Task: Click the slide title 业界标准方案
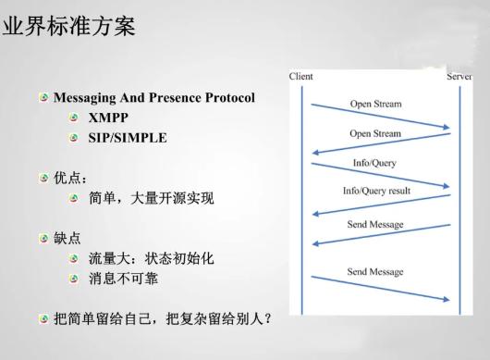pos(69,26)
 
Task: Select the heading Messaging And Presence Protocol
pos(153,97)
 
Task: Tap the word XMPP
pos(109,118)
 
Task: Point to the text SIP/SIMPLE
pos(128,138)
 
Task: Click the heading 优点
pos(71,178)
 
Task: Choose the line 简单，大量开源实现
pos(151,198)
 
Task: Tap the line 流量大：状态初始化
pos(151,258)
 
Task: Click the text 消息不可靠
pos(125,279)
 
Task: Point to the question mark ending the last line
pos(267,319)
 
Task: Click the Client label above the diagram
pos(300,76)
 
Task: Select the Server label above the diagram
pos(459,76)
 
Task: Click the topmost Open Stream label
pos(375,104)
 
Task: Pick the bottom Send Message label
pos(374,272)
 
